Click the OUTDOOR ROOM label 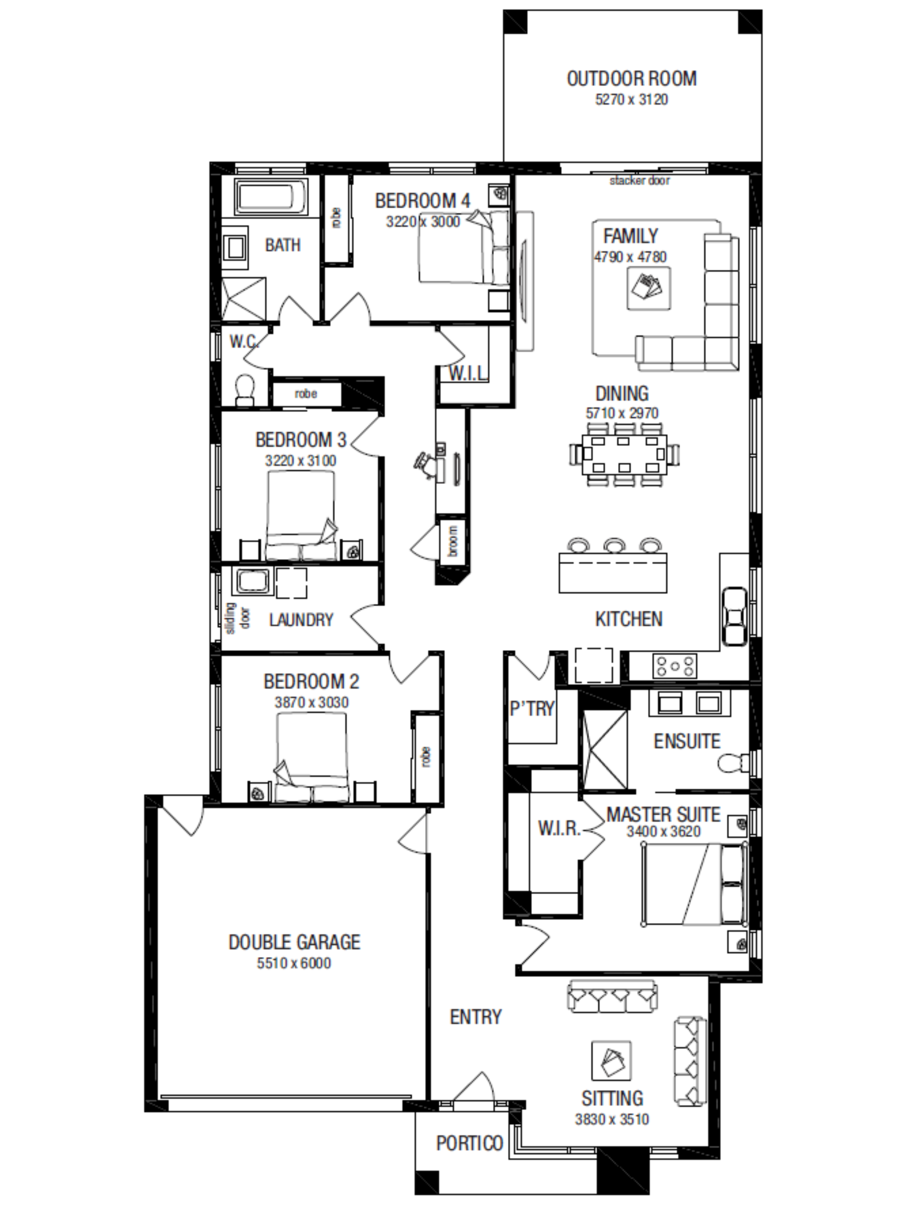point(632,79)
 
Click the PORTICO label point(470,1143)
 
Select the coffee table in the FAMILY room point(648,288)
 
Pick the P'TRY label point(532,708)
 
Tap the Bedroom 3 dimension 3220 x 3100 point(301,461)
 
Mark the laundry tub point(251,581)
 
